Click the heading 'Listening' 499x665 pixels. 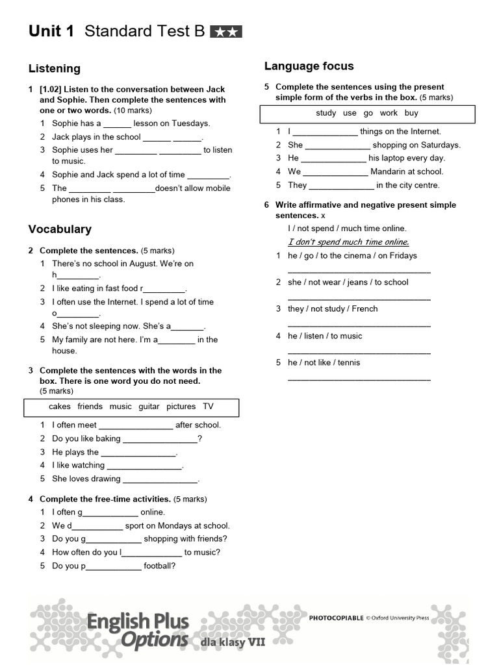coord(55,68)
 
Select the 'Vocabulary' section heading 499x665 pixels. coord(60,229)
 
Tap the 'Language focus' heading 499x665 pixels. coord(309,66)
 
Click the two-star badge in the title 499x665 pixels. coord(226,32)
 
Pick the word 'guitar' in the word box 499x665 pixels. coord(149,407)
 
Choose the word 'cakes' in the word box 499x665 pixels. coord(60,407)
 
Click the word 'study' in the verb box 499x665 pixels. coord(326,113)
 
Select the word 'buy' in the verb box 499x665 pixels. coord(411,113)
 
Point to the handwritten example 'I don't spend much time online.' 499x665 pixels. coord(348,242)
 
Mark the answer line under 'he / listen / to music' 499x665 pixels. coord(359,352)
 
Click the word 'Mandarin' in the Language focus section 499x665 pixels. coord(388,171)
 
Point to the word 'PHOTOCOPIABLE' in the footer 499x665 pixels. coord(336,618)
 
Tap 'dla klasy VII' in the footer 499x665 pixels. coord(233,642)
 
